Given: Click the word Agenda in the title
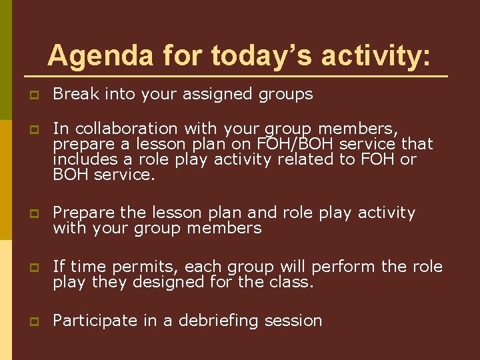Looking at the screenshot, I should click(92, 55).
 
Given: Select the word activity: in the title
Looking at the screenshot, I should click(377, 55).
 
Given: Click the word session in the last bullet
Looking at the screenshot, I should click(293, 321).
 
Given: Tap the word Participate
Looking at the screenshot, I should click(93, 321).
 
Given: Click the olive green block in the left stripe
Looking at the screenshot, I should click(5, 40).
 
